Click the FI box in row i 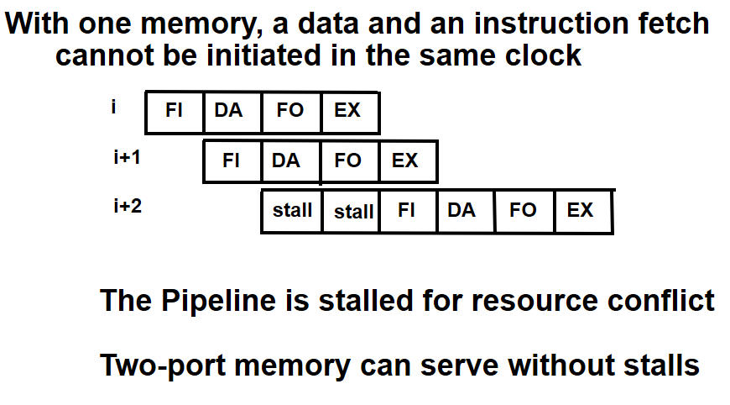point(175,112)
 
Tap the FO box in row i point(291,112)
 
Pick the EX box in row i point(349,112)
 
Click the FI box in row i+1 point(232,160)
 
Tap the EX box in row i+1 point(407,160)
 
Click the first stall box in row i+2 point(292,211)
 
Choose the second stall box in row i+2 point(352,211)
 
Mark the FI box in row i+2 point(408,210)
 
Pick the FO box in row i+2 point(524,210)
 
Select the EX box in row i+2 point(582,210)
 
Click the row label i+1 point(127,157)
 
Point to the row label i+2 point(128,206)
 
